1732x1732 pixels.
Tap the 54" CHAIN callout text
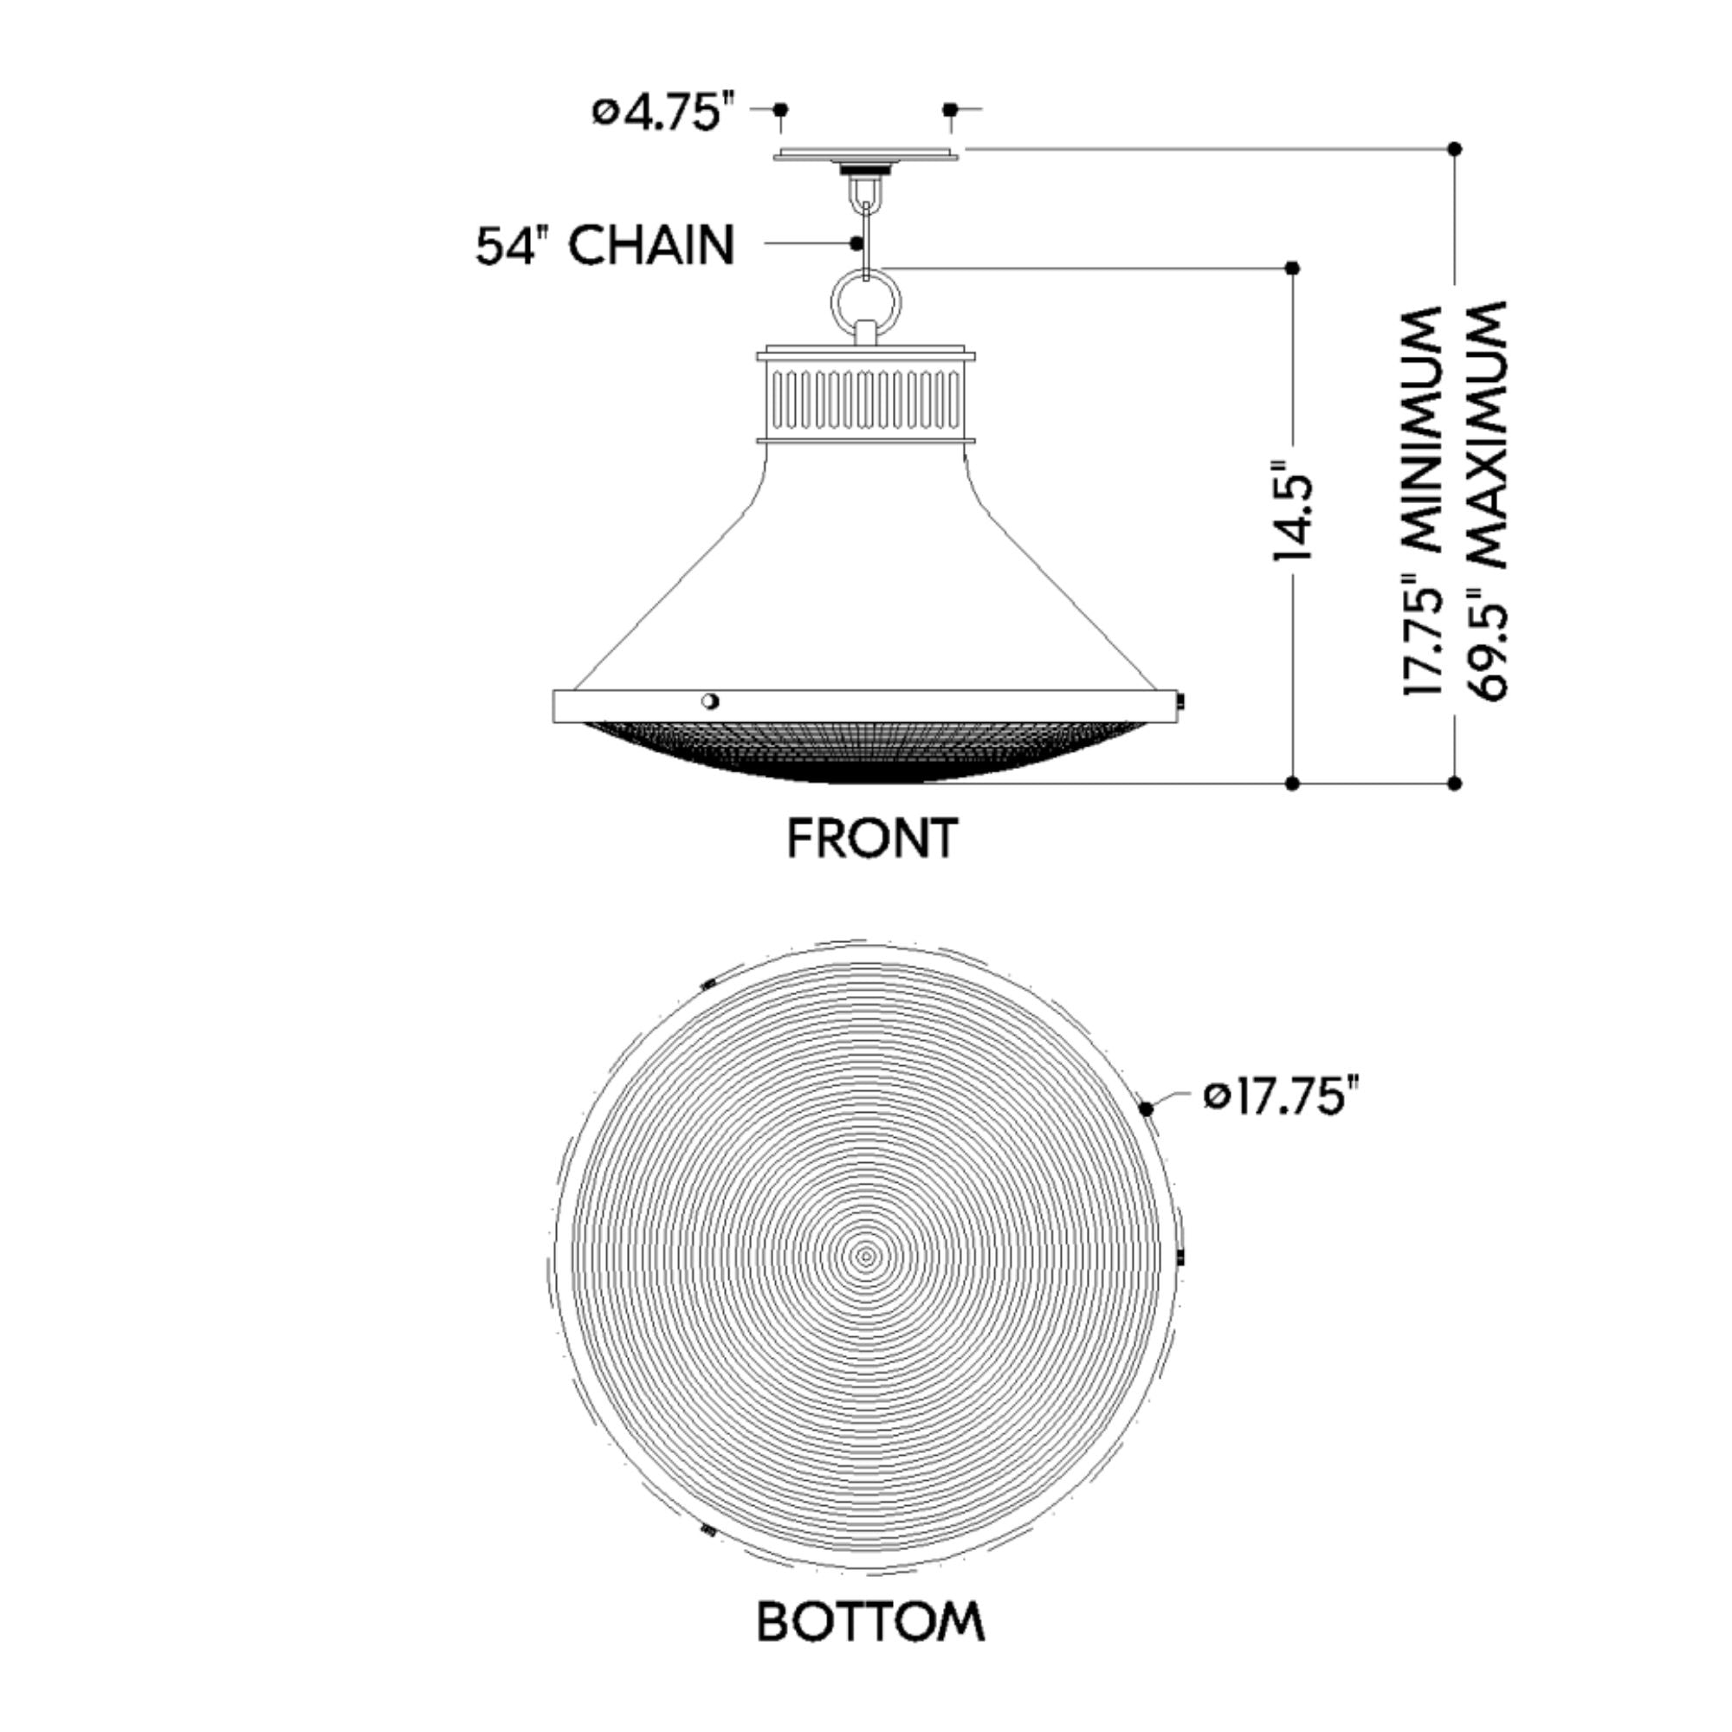pyautogui.click(x=605, y=245)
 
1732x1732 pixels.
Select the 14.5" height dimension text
pyautogui.click(x=1293, y=512)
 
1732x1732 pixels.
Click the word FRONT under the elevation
pyautogui.click(x=872, y=838)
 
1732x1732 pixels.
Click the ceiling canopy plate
pyautogui.click(x=866, y=155)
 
